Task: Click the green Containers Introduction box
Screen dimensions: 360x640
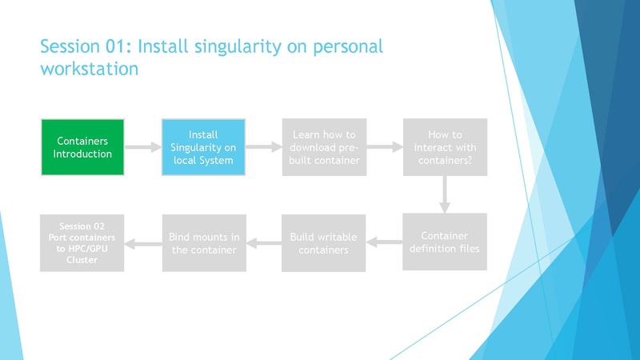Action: click(82, 147)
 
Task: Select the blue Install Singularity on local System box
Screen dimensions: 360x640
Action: click(203, 147)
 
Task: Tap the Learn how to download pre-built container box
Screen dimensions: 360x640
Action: click(324, 147)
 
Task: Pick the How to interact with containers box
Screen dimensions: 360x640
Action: click(445, 147)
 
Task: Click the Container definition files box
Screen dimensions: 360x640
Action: click(445, 242)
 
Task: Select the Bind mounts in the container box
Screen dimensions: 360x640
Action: click(202, 243)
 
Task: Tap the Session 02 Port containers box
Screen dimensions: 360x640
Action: click(82, 243)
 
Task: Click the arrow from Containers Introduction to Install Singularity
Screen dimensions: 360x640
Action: click(142, 147)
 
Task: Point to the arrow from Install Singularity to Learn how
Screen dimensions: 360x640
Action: click(263, 147)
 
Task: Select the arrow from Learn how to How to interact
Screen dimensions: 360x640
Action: click(384, 147)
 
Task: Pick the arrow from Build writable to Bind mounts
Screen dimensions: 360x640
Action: click(264, 242)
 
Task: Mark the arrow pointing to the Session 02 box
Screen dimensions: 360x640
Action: click(144, 242)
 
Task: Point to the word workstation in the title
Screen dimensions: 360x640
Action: click(90, 69)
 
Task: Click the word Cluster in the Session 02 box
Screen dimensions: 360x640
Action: click(82, 259)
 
